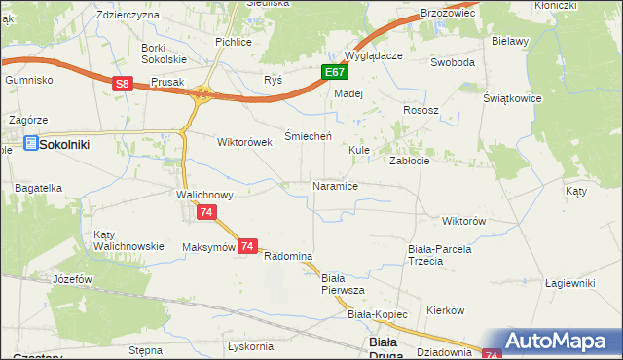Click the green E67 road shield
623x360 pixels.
click(x=334, y=72)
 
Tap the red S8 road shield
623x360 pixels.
click(x=122, y=85)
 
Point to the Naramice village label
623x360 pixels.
click(x=335, y=185)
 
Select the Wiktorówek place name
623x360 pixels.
click(x=242, y=141)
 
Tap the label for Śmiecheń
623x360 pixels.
click(x=309, y=136)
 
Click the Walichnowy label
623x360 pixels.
click(x=204, y=195)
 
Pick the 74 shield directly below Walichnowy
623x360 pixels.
click(x=204, y=212)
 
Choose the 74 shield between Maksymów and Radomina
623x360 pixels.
click(x=248, y=247)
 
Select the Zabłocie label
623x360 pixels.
click(x=410, y=161)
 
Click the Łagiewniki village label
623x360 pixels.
click(x=569, y=283)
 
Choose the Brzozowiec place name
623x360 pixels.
click(x=447, y=13)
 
